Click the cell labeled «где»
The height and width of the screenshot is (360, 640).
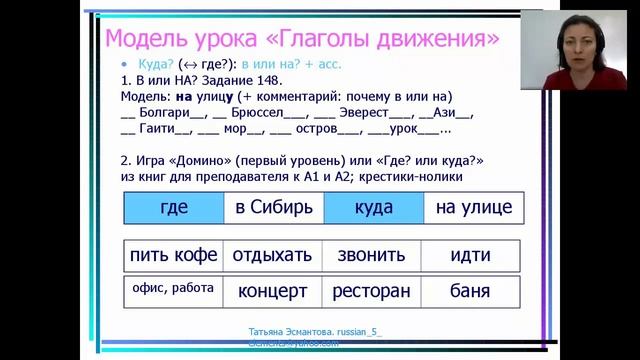coord(173,208)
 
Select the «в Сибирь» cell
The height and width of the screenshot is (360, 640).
coord(274,208)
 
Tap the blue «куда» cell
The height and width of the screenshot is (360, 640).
coord(373,208)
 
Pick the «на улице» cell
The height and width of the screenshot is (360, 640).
coord(472,208)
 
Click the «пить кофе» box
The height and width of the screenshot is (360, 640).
coord(173,255)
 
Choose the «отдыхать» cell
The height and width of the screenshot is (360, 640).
coord(274,255)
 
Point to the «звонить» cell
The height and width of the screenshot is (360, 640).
coord(371,255)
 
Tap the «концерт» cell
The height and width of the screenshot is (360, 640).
coord(273,292)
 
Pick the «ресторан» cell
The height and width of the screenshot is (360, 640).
coord(371,292)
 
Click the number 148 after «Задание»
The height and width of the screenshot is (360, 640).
coord(269,81)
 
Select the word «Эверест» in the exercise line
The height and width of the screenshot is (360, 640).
coord(370,113)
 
